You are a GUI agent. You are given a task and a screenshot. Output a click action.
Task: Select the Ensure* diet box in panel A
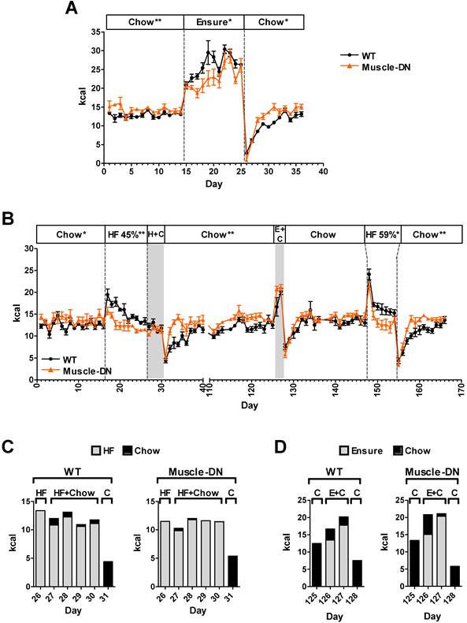tap(214, 21)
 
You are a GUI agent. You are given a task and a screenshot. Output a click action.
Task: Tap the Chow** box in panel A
tap(144, 21)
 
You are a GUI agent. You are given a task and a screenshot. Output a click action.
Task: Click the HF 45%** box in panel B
tap(126, 234)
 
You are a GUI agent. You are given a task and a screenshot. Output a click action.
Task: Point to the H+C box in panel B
tap(155, 234)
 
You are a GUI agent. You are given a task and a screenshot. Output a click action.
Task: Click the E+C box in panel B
tap(280, 234)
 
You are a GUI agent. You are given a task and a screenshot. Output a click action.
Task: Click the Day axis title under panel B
tap(249, 405)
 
